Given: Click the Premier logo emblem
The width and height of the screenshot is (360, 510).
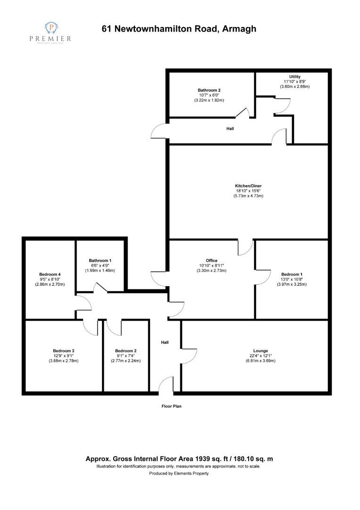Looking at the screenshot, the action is [50, 28].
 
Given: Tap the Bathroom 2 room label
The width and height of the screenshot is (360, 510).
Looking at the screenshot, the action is [209, 90].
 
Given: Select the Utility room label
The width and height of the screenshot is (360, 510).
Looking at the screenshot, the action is [295, 77].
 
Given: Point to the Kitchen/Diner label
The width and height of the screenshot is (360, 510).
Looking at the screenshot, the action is [248, 186].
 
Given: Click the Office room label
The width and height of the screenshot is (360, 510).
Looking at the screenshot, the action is [211, 261].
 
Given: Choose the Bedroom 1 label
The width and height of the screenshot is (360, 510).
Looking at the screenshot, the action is [292, 274].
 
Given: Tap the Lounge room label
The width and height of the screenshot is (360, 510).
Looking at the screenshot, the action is [260, 351].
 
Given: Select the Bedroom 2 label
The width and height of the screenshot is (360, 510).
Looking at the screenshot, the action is [126, 351].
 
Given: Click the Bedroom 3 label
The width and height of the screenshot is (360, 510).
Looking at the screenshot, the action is [64, 351].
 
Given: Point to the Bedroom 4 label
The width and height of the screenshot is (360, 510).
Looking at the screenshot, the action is [50, 274].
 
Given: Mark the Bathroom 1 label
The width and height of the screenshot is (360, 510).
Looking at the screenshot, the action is [100, 261].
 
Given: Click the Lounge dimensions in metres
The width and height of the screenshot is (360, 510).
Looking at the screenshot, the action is [260, 361].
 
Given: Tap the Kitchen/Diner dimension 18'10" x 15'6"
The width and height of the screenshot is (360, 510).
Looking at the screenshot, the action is [248, 191].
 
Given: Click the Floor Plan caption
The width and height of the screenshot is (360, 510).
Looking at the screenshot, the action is [172, 406].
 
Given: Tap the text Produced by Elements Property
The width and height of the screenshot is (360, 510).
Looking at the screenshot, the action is [179, 473].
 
